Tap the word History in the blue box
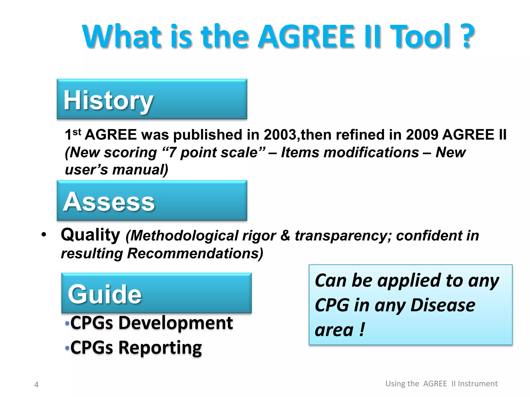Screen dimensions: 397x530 click(x=108, y=101)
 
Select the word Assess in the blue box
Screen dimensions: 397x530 click(x=109, y=202)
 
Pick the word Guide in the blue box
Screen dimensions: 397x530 click(x=105, y=294)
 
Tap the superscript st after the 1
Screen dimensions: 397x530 click(x=77, y=132)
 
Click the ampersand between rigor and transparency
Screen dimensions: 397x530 click(x=285, y=236)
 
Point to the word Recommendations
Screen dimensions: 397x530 click(x=195, y=253)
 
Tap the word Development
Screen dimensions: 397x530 click(x=176, y=323)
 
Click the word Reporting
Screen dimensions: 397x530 click(x=160, y=348)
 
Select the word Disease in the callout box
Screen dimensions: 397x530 click(x=443, y=305)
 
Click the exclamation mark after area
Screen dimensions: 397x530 click(x=362, y=330)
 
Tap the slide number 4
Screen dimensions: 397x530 click(x=36, y=385)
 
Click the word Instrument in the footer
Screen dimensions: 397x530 click(x=477, y=384)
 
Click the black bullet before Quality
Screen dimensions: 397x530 click(x=44, y=235)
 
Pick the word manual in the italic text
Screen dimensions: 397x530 click(x=140, y=170)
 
